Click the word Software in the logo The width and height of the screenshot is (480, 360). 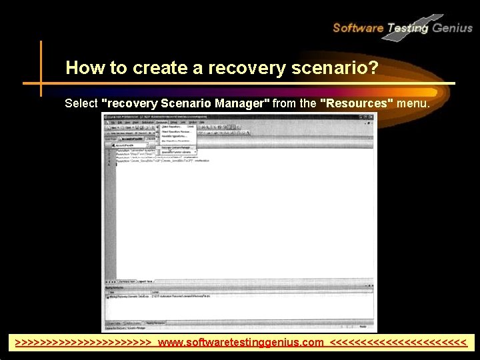tap(357, 28)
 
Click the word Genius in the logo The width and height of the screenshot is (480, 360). tap(452, 28)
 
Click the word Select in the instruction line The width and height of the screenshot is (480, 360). tap(81, 103)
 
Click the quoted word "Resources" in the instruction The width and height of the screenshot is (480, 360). tap(357, 103)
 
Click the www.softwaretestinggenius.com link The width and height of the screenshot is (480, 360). tap(241, 343)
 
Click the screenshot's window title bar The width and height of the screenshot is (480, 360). tap(200, 116)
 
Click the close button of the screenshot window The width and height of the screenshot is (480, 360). tap(373, 116)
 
